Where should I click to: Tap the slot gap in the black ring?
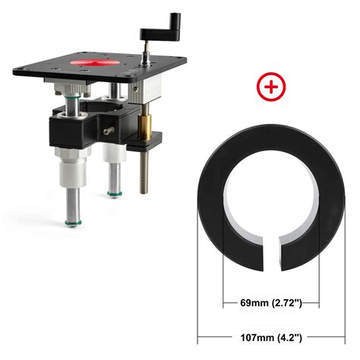(x=269, y=252)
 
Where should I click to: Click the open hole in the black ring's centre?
(x=269, y=201)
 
